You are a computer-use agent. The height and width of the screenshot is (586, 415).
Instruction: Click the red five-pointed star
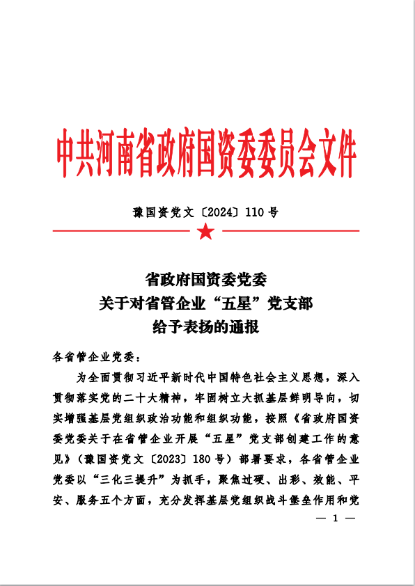click(x=206, y=231)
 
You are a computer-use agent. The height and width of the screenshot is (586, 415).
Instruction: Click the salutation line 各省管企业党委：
click(x=97, y=358)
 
